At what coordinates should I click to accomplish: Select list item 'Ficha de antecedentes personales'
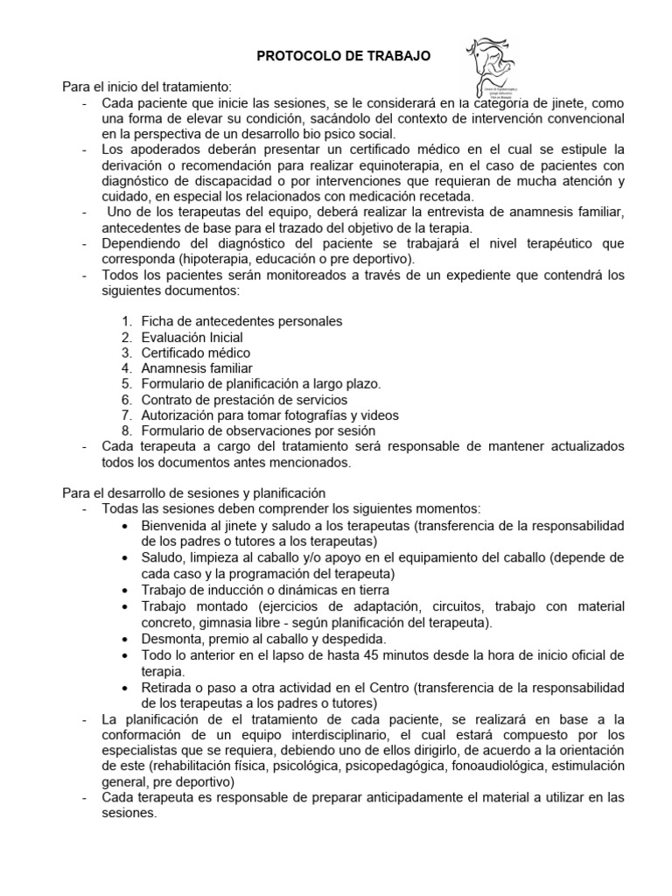tap(241, 321)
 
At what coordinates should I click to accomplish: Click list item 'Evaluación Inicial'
tap(192, 337)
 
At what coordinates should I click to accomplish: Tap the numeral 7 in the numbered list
tap(126, 415)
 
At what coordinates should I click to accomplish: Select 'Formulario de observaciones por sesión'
tap(258, 430)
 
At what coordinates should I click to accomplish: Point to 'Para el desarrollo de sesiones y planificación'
tap(193, 493)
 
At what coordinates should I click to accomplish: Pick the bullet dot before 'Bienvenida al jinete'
tap(129, 525)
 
